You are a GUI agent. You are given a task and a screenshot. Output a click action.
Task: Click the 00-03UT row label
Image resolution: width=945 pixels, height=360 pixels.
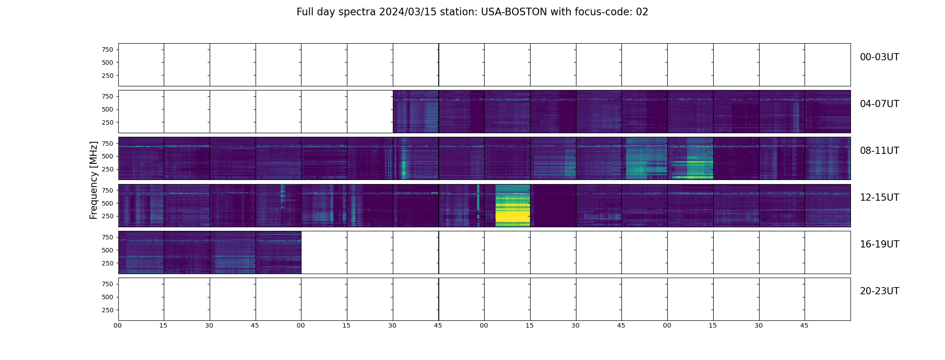point(879,57)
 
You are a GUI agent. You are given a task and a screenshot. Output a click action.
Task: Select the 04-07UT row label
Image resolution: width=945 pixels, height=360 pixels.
point(879,104)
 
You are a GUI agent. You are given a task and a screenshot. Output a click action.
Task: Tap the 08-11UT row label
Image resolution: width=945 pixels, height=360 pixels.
point(879,151)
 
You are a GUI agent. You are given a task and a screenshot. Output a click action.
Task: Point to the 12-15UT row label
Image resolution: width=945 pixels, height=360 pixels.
point(879,198)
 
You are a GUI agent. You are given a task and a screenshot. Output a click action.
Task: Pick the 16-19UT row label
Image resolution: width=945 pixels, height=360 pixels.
point(879,244)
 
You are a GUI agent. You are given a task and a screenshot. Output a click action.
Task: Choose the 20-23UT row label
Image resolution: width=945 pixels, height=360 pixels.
point(879,291)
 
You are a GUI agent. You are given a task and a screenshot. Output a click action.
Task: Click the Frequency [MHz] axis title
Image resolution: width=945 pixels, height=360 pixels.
point(94,180)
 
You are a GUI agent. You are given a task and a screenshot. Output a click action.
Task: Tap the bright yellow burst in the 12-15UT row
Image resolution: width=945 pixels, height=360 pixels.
point(513,205)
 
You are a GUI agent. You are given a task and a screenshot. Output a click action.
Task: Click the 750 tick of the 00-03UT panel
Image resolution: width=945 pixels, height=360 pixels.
point(108,49)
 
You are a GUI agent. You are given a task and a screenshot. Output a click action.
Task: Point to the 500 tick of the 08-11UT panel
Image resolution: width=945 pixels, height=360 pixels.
point(108,156)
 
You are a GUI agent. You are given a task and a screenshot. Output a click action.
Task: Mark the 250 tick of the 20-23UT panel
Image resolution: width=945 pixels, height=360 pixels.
point(108,310)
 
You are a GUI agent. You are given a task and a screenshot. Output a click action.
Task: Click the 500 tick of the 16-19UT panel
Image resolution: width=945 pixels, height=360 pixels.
point(108,250)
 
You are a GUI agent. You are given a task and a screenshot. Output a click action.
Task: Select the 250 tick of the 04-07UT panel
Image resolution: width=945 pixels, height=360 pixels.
point(108,122)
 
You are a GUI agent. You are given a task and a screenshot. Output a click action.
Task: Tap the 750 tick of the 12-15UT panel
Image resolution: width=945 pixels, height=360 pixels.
point(108,190)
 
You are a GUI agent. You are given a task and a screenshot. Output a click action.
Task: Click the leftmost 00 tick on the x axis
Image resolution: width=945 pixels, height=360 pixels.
point(117,325)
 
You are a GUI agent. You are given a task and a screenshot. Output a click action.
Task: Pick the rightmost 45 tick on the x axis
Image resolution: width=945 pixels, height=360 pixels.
point(804,325)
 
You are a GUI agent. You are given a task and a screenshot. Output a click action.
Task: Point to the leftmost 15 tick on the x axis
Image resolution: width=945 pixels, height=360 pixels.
point(163,325)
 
